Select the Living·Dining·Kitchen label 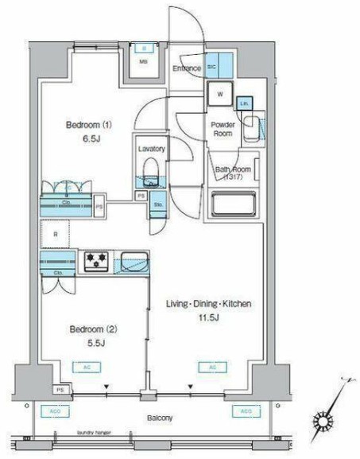pyautogui.click(x=209, y=304)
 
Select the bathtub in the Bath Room pyautogui.click(x=231, y=208)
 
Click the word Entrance pyautogui.click(x=188, y=69)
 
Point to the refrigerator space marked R pyautogui.click(x=55, y=235)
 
